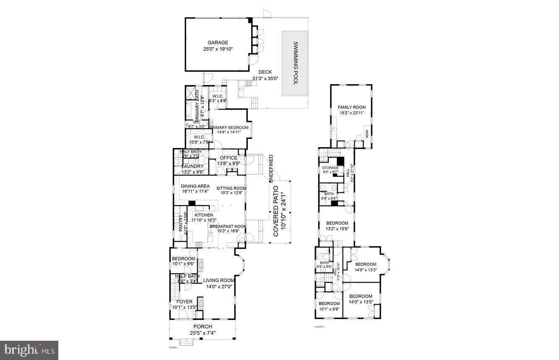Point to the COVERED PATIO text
280,214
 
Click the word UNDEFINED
271,168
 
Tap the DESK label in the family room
367,134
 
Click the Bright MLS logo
29,350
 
